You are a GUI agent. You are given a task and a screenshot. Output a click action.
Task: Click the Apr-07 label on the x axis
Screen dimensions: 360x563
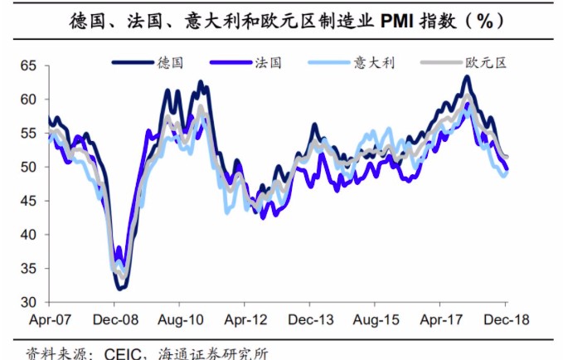[x=51, y=319]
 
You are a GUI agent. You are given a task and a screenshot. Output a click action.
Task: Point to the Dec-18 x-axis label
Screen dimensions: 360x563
[x=506, y=319]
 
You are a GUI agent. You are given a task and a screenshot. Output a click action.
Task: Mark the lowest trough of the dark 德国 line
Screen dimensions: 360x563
[x=121, y=288]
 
